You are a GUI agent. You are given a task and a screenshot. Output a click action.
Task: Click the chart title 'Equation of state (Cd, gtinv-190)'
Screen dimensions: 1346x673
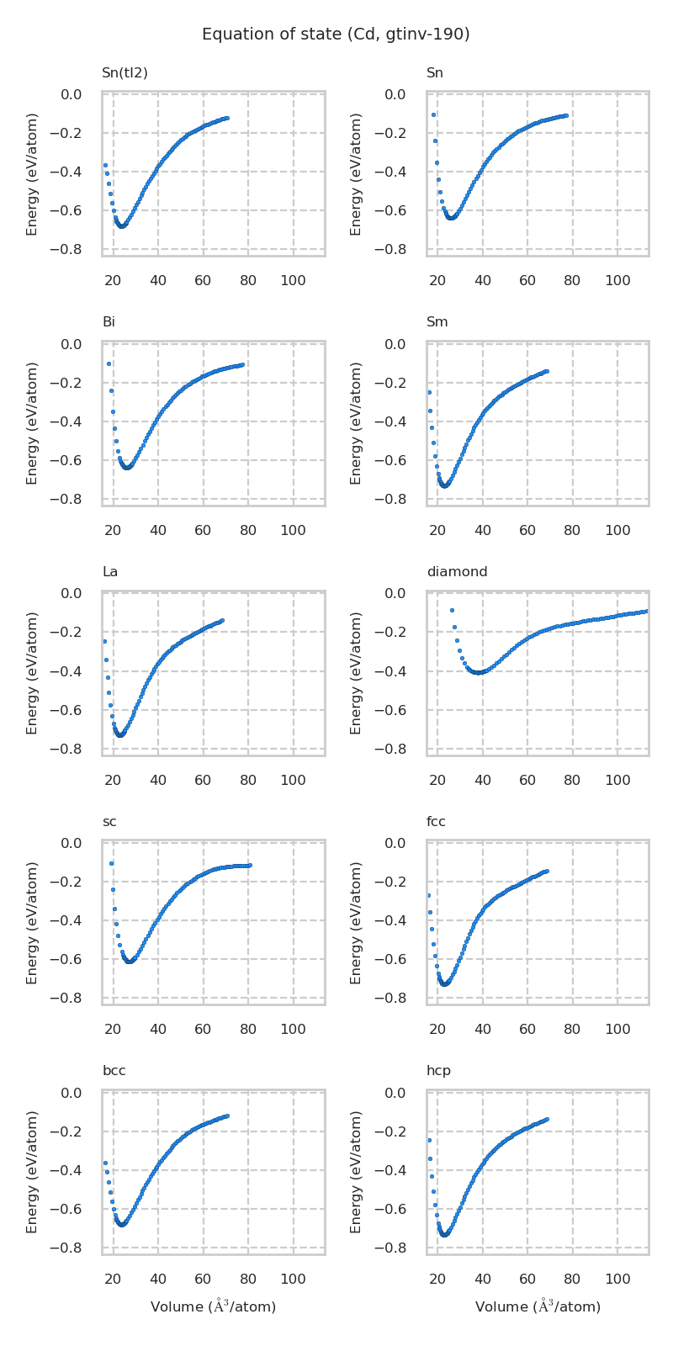(336, 34)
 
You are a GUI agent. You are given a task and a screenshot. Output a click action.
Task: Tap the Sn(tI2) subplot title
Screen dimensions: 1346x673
(125, 73)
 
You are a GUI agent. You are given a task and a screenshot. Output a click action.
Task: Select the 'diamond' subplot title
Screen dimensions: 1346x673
(457, 572)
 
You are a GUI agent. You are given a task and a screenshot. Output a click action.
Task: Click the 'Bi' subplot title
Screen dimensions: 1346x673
(109, 322)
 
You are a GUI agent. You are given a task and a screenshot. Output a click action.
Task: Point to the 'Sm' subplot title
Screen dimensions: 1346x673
(437, 322)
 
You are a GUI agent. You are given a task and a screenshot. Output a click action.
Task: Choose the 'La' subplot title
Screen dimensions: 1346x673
(109, 572)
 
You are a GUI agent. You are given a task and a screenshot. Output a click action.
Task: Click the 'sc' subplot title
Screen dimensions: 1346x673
(109, 822)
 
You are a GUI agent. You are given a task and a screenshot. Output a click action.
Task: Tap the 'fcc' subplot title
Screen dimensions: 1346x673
(436, 822)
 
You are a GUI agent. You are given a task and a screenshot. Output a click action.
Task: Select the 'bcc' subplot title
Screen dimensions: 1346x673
(114, 1071)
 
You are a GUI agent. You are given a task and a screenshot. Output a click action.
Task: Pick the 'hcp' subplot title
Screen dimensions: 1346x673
(438, 1071)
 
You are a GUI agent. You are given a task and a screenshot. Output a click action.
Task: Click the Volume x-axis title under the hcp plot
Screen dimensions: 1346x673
(538, 1306)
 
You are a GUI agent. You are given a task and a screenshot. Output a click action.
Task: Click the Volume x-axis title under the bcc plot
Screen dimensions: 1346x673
(213, 1306)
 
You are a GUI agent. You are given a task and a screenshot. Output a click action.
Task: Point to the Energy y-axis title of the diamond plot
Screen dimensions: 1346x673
(357, 673)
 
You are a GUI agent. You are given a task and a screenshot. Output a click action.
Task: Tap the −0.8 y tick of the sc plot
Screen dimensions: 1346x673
(70, 998)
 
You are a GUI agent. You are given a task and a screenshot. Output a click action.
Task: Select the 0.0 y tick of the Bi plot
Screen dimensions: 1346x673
(72, 344)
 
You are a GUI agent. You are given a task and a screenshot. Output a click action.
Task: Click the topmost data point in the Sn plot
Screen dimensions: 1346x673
(433, 114)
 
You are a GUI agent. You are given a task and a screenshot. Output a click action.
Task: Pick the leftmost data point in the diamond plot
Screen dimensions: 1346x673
(452, 610)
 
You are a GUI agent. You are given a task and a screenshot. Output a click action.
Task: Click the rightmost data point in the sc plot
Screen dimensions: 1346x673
(250, 865)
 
